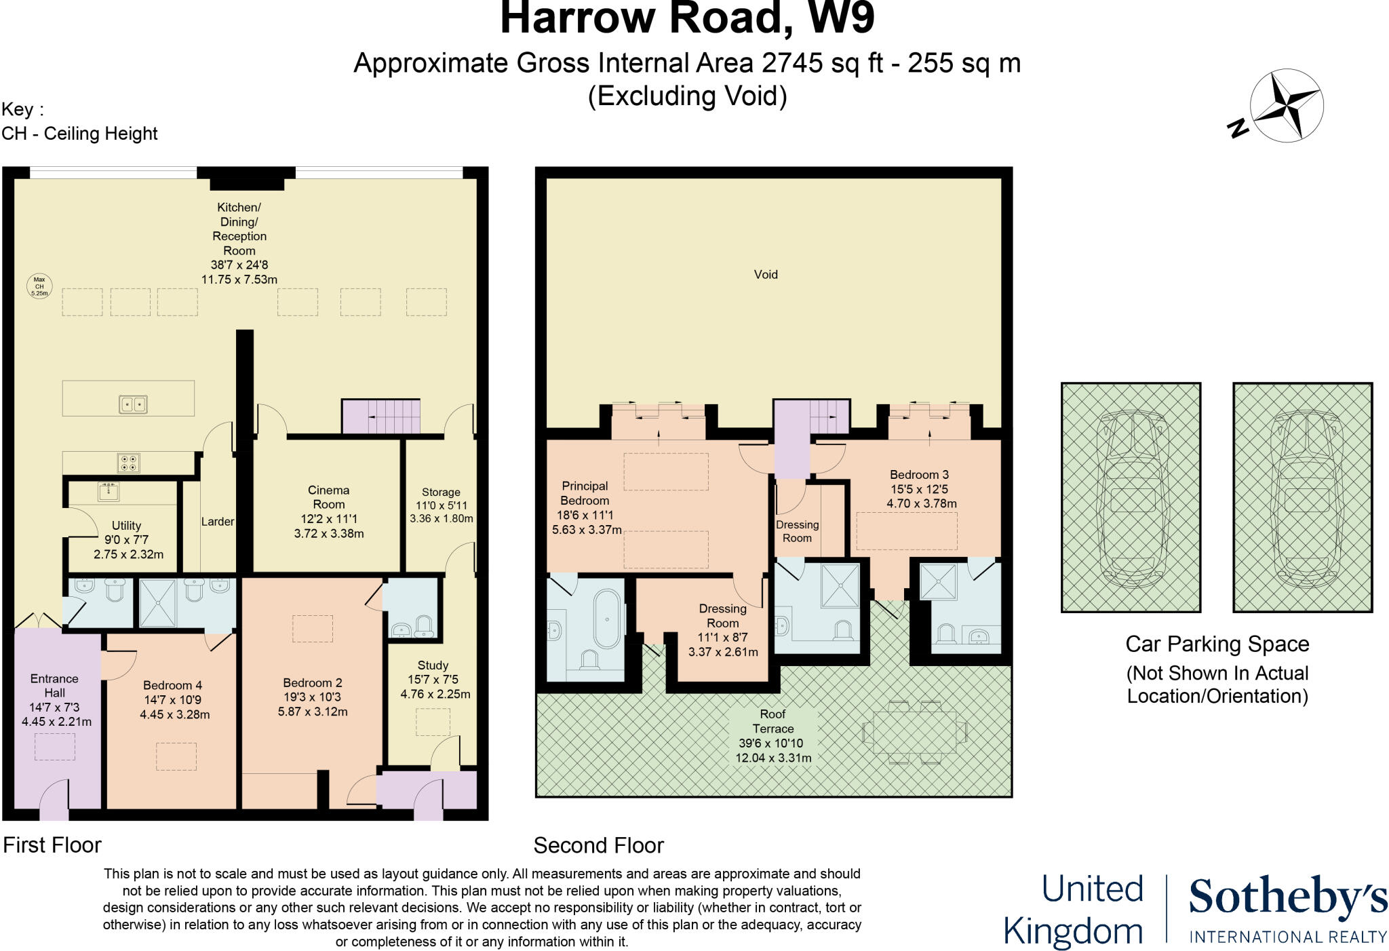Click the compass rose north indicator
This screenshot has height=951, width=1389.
[x=1286, y=106]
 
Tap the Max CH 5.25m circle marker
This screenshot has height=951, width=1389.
[x=39, y=286]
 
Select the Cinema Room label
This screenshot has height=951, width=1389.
[x=328, y=497]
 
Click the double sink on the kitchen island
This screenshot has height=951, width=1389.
[x=134, y=404]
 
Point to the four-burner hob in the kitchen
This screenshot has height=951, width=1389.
[x=129, y=463]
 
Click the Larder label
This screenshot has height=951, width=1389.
[x=217, y=522]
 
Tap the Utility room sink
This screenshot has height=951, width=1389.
[x=109, y=490]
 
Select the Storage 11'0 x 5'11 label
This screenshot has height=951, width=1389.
[x=441, y=505]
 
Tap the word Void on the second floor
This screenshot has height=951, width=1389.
[x=766, y=275]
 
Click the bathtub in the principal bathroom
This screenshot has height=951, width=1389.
[x=607, y=619]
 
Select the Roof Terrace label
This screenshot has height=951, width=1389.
[x=772, y=721]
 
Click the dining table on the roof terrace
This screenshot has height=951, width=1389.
[x=914, y=733]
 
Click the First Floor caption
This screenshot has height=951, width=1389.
[x=52, y=845]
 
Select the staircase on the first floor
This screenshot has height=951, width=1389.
[x=381, y=416]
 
